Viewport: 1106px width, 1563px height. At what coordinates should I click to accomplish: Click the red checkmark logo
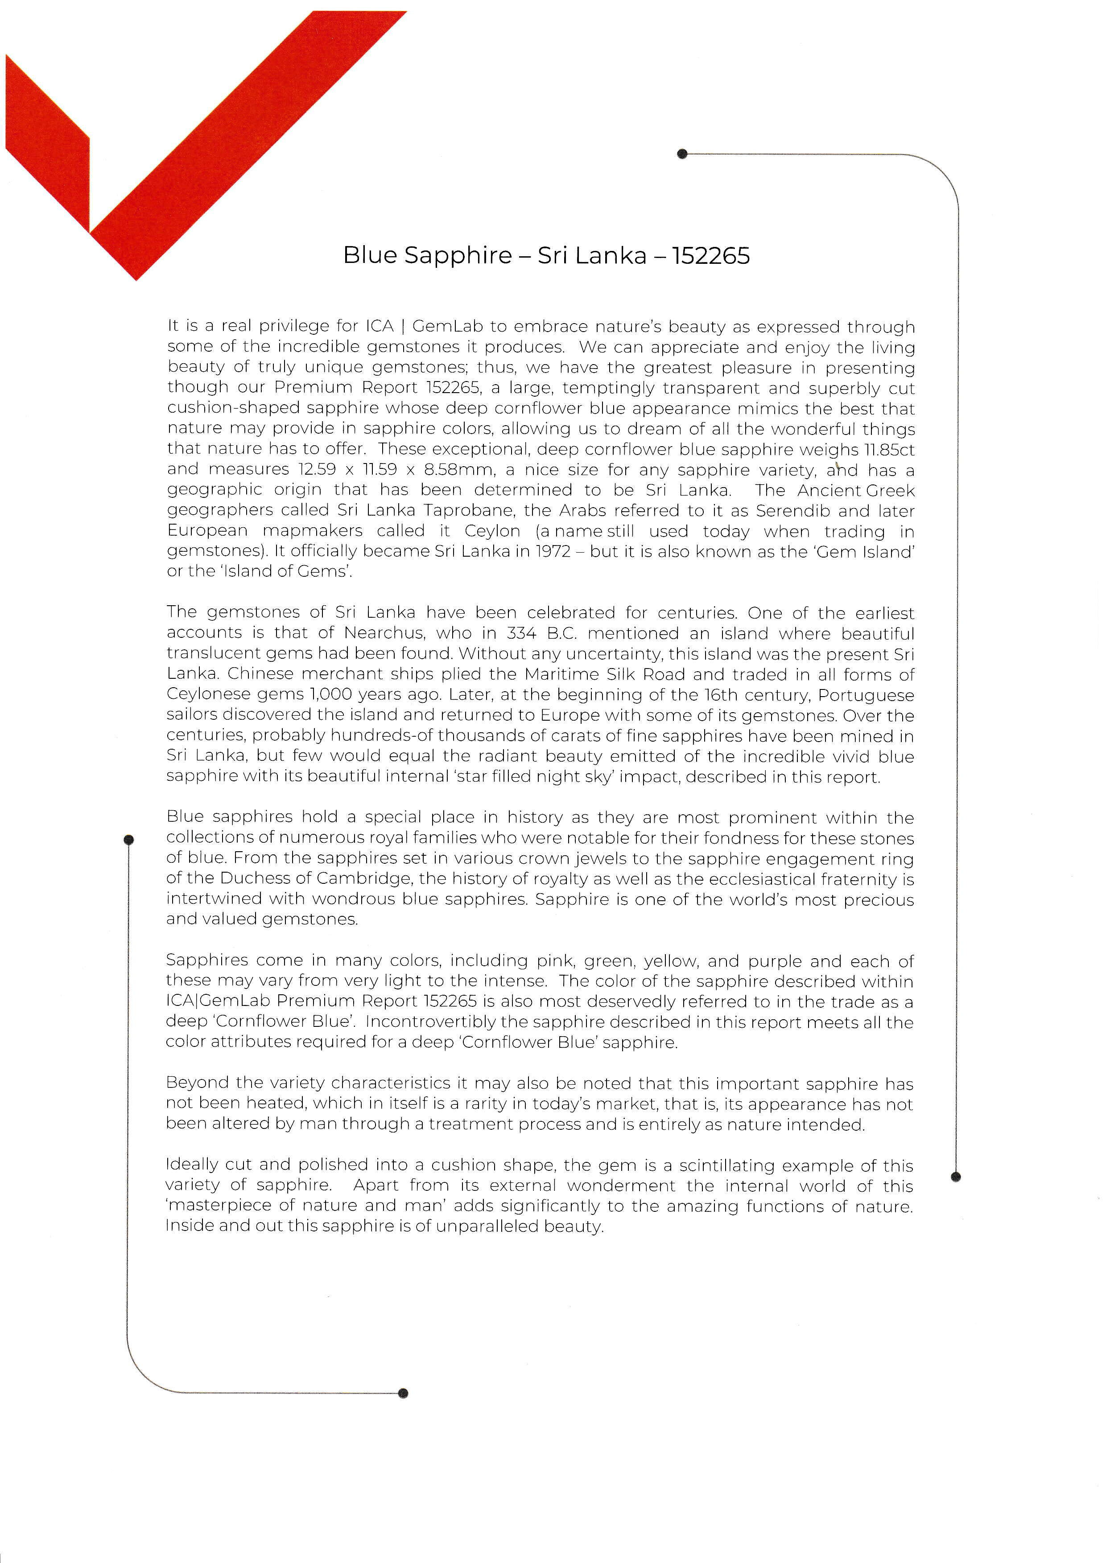coord(136,156)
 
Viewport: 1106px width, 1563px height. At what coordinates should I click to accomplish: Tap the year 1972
coord(552,551)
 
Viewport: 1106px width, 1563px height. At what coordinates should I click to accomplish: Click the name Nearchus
coord(385,633)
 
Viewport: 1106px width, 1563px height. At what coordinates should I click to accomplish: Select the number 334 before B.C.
coord(522,633)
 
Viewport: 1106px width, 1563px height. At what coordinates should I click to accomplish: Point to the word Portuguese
coord(866,695)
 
